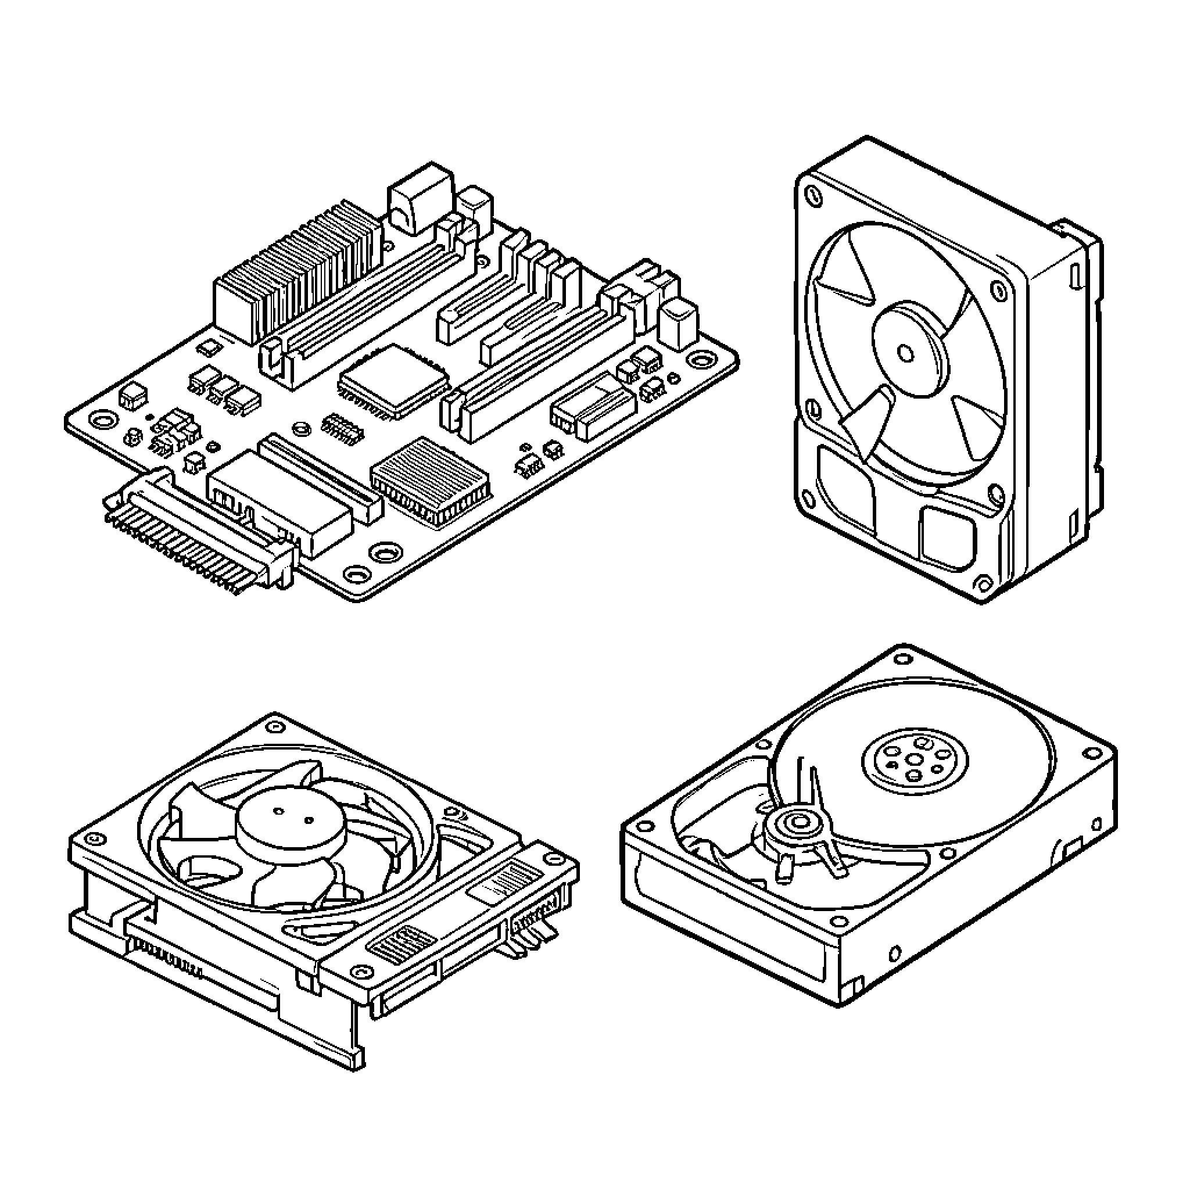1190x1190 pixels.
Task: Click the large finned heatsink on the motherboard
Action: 296,271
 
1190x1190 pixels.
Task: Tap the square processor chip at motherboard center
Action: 392,378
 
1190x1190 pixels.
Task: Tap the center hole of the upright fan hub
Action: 905,353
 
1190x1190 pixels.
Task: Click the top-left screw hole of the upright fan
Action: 814,195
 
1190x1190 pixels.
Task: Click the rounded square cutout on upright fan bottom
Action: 947,536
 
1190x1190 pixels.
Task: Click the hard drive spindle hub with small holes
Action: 914,761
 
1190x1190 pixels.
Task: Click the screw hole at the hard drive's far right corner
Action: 1092,752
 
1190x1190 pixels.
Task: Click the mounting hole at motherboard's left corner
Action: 102,420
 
